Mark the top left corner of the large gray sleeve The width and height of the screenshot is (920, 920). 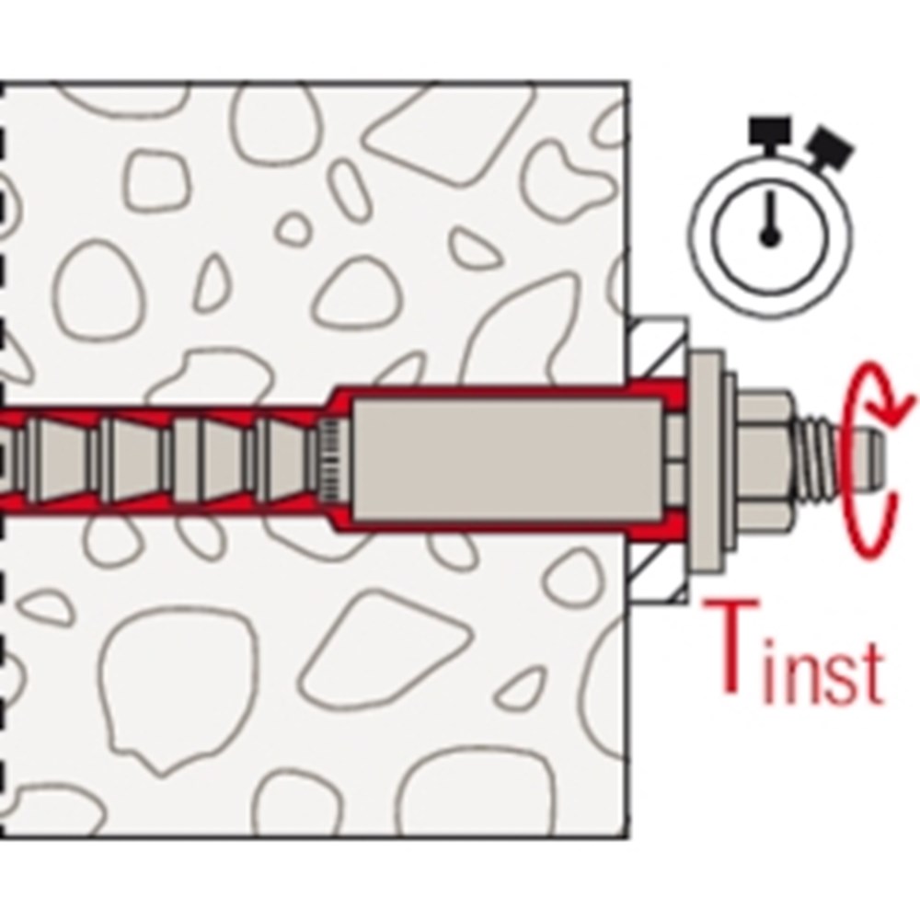(351, 400)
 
